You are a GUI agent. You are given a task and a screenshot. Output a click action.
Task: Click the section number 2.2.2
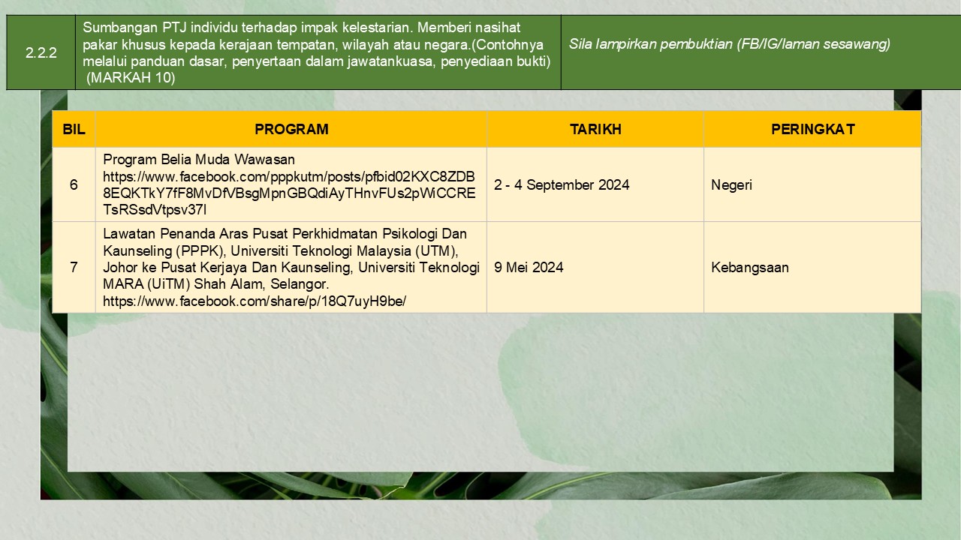click(x=41, y=52)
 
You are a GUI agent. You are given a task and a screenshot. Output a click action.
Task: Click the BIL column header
click(x=74, y=129)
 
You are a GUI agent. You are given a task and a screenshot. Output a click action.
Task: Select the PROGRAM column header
click(x=291, y=129)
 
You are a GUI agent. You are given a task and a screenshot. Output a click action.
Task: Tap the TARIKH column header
click(x=595, y=129)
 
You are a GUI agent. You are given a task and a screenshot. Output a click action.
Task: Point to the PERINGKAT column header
click(x=813, y=129)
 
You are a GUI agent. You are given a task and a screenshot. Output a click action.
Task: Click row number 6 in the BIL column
click(x=74, y=184)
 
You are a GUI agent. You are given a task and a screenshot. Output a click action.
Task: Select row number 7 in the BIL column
click(x=74, y=268)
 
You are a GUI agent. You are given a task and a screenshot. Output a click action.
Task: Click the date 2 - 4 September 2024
click(x=562, y=184)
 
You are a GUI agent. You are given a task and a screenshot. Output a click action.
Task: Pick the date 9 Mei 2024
click(x=529, y=268)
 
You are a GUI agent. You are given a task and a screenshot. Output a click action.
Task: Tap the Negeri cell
click(x=731, y=185)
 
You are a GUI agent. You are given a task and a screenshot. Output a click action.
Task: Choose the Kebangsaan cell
click(x=750, y=268)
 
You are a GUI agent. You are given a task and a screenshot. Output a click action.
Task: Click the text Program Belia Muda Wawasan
click(x=199, y=160)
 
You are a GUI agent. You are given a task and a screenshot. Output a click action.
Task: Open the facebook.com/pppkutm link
click(x=289, y=193)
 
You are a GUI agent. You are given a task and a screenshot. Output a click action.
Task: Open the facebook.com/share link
click(x=255, y=301)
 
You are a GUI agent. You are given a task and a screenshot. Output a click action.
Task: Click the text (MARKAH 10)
click(x=131, y=77)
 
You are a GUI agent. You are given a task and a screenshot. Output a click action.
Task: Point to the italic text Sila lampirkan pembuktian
click(x=650, y=44)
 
